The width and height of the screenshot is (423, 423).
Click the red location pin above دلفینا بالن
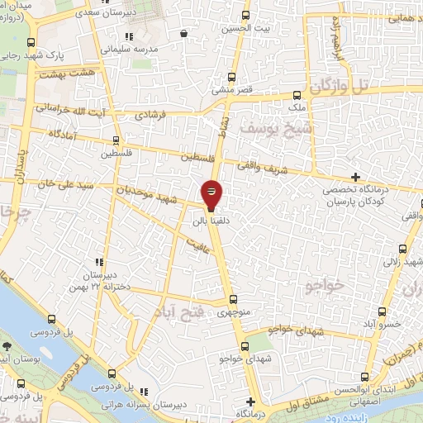click(x=211, y=193)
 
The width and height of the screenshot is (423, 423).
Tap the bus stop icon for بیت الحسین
click(x=245, y=15)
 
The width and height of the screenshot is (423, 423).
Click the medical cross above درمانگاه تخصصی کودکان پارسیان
click(x=355, y=177)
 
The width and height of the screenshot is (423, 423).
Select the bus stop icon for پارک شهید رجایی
click(x=31, y=43)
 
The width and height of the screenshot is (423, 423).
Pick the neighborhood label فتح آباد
click(x=178, y=311)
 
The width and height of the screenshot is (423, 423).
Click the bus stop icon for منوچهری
click(x=233, y=300)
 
